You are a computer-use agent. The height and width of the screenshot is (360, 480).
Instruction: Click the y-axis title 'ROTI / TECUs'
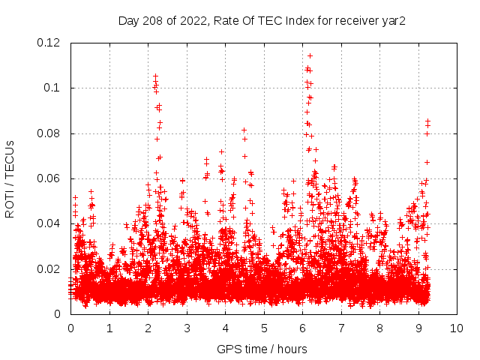coord(10,178)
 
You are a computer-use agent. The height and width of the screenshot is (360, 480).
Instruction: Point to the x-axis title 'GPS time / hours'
coord(263,349)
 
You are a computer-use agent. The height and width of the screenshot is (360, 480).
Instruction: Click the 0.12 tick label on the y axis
coord(51,43)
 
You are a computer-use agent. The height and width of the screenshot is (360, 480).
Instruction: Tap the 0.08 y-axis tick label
coord(51,133)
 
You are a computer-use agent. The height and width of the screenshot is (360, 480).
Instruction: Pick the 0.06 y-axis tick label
coord(51,178)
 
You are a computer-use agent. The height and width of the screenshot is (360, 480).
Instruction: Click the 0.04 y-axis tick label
coord(51,223)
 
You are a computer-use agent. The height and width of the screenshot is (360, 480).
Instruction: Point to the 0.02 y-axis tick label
coord(51,269)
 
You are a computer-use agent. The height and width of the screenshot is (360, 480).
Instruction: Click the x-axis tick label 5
coord(264,328)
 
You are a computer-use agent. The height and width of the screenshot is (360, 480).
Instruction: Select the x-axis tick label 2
coord(148,328)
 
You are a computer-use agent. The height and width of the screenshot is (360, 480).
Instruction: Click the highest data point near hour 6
coord(310,55)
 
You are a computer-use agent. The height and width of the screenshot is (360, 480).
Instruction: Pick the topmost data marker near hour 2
coord(155,76)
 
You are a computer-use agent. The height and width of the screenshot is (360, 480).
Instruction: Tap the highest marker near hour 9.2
coord(427,121)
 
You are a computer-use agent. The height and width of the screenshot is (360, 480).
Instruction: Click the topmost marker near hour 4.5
coord(244,130)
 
